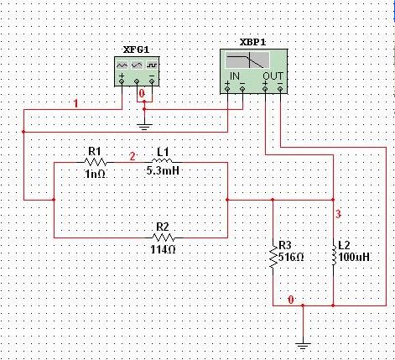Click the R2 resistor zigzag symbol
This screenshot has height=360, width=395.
click(163, 237)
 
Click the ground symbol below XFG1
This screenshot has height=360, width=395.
click(145, 125)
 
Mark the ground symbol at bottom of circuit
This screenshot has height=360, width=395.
click(303, 343)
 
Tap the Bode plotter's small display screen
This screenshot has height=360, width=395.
click(252, 60)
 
